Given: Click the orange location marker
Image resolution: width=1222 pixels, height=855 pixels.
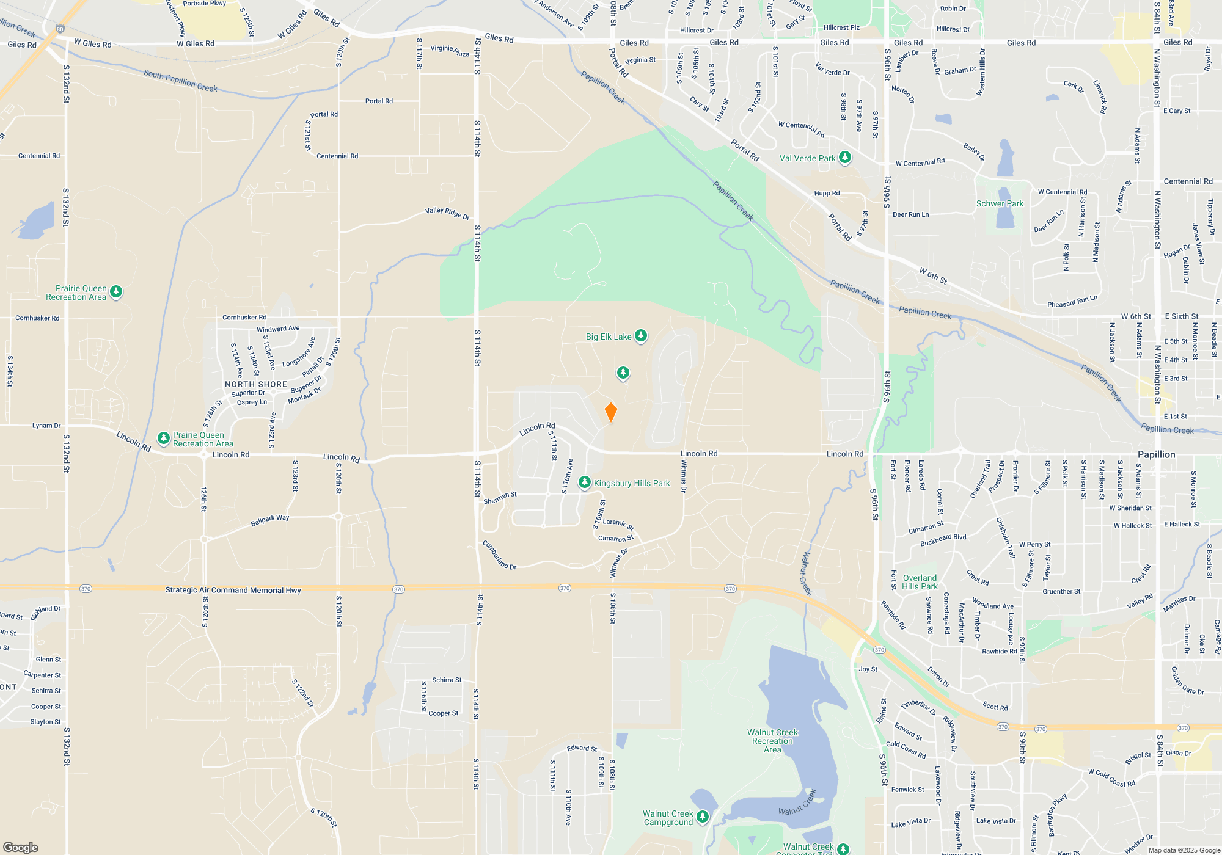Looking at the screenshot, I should point(610,412).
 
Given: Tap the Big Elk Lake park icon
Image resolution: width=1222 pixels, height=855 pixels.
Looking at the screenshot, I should point(640,336).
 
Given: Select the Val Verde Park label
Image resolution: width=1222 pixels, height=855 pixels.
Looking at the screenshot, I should point(807,158).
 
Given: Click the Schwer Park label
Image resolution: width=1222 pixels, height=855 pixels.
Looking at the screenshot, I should point(1000,203).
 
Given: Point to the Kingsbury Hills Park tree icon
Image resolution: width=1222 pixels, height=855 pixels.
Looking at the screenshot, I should point(585,482).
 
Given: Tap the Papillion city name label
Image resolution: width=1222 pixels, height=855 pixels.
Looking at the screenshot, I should point(1156,454).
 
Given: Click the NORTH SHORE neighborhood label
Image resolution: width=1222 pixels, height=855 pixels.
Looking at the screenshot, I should point(255,384).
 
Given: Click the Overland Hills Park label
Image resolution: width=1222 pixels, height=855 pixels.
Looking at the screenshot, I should point(920,582).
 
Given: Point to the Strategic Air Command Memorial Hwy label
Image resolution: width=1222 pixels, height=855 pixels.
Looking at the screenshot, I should point(233,590).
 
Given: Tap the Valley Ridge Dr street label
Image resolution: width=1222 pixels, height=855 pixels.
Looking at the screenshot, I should point(447,213).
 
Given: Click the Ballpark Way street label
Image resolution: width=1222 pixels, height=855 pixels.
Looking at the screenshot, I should point(269,520).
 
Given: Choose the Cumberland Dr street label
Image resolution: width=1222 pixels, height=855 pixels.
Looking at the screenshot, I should point(499,555).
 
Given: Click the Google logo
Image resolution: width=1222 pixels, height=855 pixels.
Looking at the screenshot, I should point(21,847).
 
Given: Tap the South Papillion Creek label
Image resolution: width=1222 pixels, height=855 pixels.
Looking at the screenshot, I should point(180,81).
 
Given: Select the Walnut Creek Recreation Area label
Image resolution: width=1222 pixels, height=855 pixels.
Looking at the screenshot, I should point(772,741).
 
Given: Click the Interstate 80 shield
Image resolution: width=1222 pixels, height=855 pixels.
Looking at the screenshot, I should point(59,29).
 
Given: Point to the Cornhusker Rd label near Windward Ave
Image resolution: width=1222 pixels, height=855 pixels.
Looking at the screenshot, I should point(244,317).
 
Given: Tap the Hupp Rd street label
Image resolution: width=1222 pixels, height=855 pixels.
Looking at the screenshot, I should point(827,193).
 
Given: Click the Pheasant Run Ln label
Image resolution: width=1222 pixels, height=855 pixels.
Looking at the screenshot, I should point(1072,301).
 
